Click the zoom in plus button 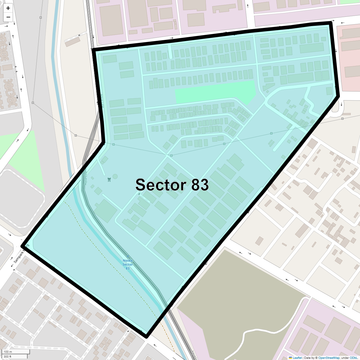coord(8,8)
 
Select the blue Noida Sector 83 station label coord(127,264)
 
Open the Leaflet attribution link coord(297,358)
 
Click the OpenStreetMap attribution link coord(329,358)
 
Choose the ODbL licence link coord(353,358)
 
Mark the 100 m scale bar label coord(8,352)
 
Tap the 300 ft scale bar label coord(8,356)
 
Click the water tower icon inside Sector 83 coord(109,179)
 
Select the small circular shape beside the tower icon coord(115,176)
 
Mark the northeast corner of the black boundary coord(330,23)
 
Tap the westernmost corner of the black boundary coord(22,246)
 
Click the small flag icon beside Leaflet coord(290,358)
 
